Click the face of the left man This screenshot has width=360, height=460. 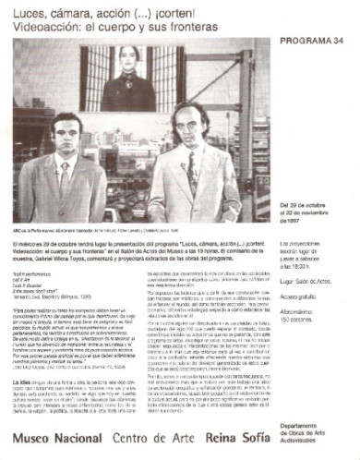(66, 138)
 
